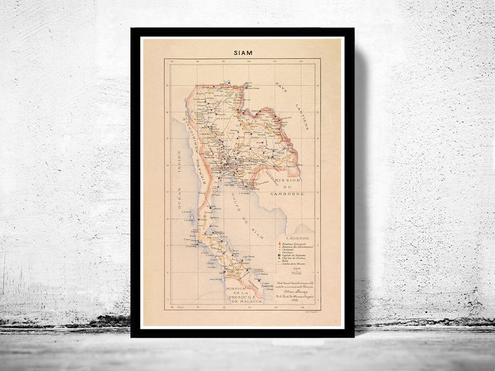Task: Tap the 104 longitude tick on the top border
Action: pyautogui.click(x=301, y=62)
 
